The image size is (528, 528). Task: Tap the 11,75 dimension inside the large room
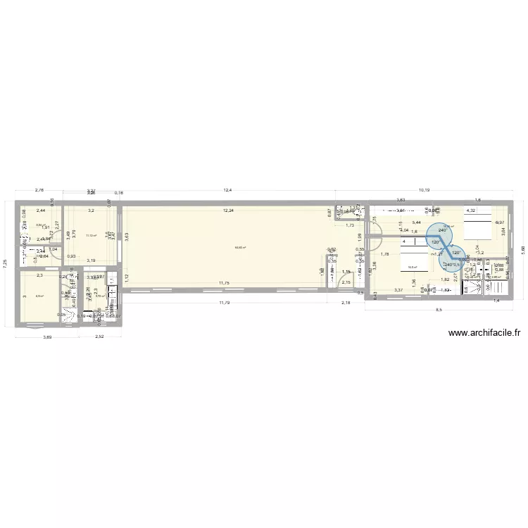coord(224,283)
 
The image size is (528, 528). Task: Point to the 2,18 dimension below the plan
coord(346,303)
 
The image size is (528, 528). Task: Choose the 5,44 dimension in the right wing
coord(417,223)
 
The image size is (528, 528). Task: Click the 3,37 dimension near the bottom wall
coord(398,290)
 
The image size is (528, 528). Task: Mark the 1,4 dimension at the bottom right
coord(496,301)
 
